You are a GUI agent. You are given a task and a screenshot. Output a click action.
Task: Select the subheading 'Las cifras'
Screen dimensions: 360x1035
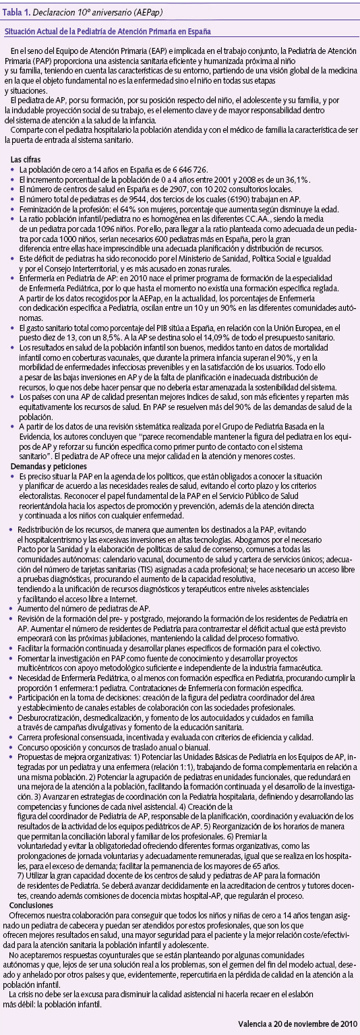[x=27, y=159]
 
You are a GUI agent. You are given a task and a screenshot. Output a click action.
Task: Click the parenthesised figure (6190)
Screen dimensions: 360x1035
[x=235, y=200]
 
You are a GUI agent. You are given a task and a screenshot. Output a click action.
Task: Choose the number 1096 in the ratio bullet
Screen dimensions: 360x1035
[x=102, y=229]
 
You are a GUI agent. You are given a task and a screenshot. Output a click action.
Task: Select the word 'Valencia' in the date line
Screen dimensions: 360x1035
[x=254, y=1024]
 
